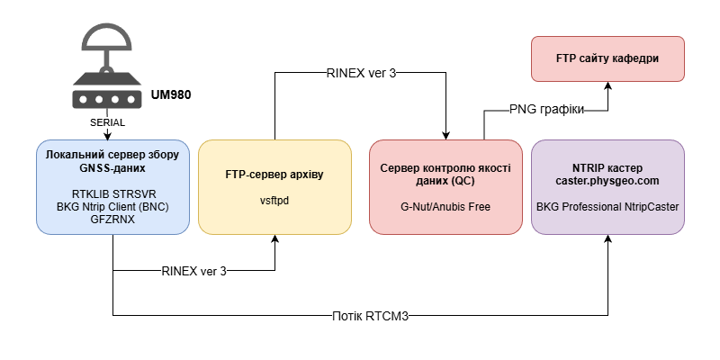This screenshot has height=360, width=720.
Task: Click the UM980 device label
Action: pos(172,94)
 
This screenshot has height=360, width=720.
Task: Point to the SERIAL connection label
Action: pos(108,121)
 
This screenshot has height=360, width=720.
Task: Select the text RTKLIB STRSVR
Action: pos(113,193)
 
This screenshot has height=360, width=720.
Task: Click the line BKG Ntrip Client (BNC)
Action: pos(113,205)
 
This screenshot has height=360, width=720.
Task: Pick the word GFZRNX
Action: pos(113,219)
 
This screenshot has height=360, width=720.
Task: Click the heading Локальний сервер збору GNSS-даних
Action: pos(113,160)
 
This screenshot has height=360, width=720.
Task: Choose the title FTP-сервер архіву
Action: pos(274,174)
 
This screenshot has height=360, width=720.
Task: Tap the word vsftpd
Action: pos(274,201)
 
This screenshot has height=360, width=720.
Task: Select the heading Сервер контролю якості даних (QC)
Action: pos(445,174)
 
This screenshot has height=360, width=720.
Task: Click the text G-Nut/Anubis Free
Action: pos(445,207)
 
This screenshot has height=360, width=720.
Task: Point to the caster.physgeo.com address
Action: pos(607,181)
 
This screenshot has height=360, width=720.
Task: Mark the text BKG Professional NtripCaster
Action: pos(607,207)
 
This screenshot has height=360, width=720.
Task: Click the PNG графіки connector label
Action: pos(546,110)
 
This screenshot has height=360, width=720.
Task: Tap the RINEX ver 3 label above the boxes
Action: pos(361,73)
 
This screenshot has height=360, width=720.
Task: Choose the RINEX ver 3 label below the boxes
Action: pos(193,270)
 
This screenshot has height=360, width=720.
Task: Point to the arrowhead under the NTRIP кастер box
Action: pos(608,240)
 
